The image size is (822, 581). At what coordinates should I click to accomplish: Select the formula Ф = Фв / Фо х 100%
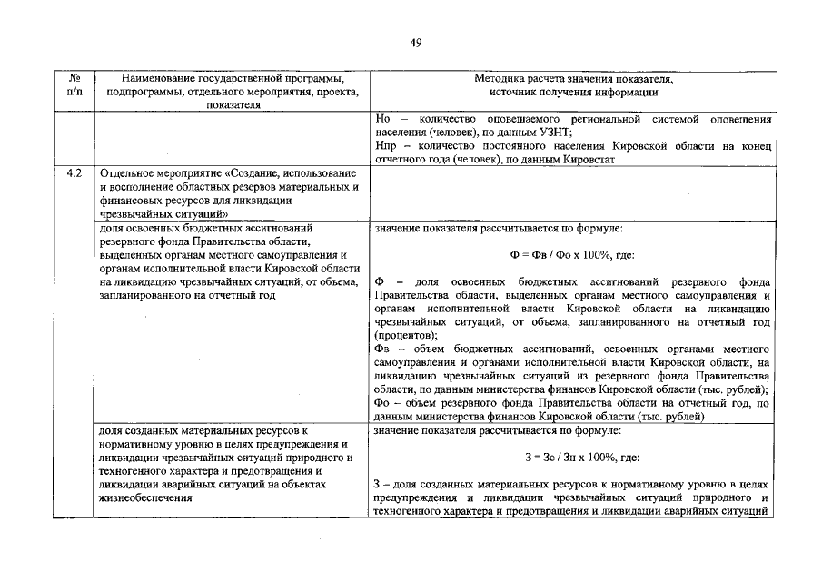571,255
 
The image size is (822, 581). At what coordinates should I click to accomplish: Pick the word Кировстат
592,159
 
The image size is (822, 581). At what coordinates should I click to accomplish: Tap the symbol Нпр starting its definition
385,146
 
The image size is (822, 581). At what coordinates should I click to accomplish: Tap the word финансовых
130,200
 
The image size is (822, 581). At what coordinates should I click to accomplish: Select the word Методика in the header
501,79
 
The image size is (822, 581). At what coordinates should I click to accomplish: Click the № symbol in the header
74,79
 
